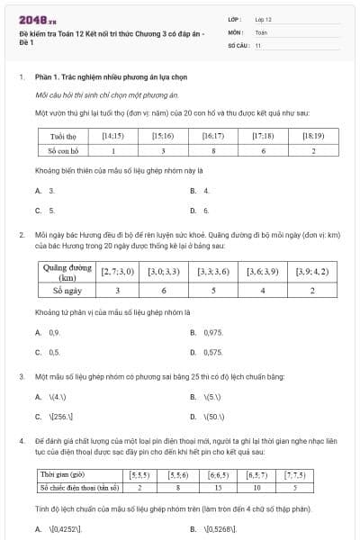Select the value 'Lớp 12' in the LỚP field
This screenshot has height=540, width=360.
pyautogui.click(x=264, y=18)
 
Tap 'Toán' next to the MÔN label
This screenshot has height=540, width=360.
pyautogui.click(x=261, y=31)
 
